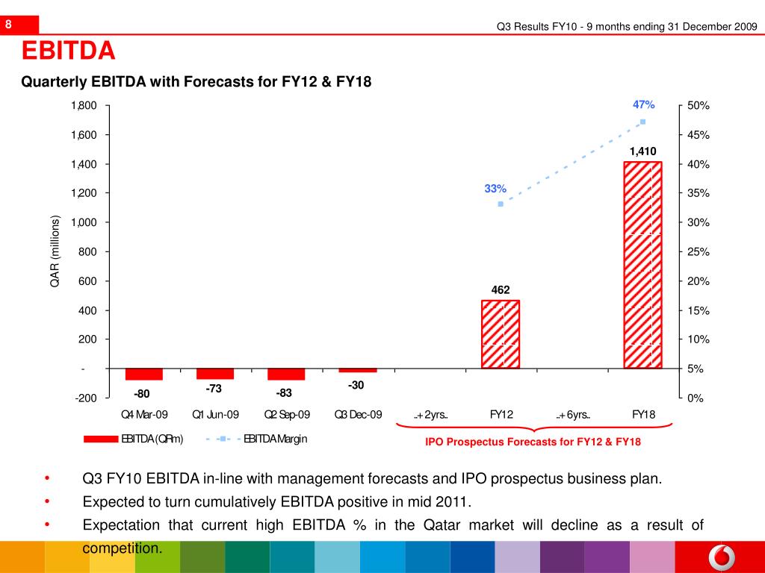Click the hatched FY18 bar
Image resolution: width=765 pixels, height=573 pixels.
click(x=642, y=264)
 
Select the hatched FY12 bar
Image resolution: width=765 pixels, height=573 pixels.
click(x=500, y=334)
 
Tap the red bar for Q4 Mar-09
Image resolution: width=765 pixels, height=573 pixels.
click(x=144, y=374)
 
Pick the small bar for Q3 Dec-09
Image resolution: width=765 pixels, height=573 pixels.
click(x=358, y=370)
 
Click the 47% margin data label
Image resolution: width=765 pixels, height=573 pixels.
click(x=643, y=105)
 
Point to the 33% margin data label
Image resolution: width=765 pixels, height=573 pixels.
click(x=495, y=189)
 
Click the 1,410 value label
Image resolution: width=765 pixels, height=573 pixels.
click(x=642, y=151)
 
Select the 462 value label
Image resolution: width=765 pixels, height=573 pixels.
click(x=500, y=289)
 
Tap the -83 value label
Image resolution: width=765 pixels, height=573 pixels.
click(x=284, y=393)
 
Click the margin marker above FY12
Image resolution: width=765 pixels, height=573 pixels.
click(x=501, y=204)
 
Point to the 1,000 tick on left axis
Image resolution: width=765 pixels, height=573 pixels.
click(x=84, y=222)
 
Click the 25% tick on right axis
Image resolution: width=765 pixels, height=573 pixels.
click(x=698, y=252)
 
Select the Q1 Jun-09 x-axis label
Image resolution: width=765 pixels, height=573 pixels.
click(x=215, y=415)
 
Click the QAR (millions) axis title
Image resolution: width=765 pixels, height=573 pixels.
click(x=55, y=251)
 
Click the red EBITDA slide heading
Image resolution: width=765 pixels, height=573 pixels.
click(x=68, y=51)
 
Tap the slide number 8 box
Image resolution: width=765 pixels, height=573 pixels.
click(x=9, y=25)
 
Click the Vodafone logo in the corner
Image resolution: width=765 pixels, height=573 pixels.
click(x=719, y=557)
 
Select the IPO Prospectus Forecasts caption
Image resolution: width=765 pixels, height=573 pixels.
click(x=533, y=442)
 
